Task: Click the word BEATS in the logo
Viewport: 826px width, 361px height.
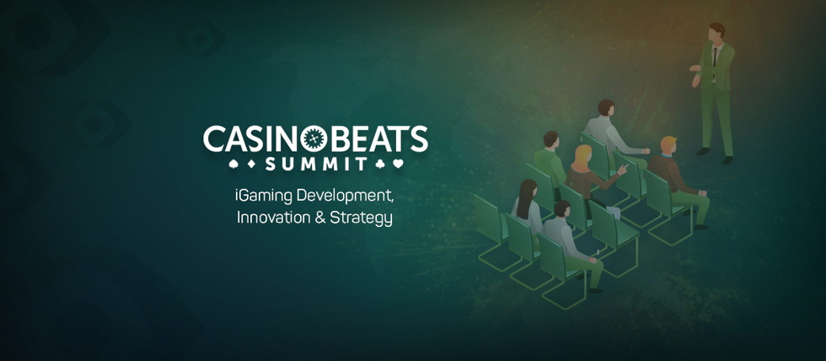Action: pyautogui.click(x=378, y=140)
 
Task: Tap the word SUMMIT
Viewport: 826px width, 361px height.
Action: pyautogui.click(x=315, y=164)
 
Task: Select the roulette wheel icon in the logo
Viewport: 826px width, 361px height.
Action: pyautogui.click(x=315, y=139)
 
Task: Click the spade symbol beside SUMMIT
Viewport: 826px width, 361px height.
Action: pyautogui.click(x=234, y=164)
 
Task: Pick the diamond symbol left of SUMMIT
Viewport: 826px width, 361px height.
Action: pyautogui.click(x=251, y=164)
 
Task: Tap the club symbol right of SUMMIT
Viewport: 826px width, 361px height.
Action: pyautogui.click(x=380, y=164)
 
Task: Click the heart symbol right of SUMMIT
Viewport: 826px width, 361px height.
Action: pyautogui.click(x=398, y=164)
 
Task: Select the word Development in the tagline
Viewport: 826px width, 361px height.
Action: pyautogui.click(x=345, y=197)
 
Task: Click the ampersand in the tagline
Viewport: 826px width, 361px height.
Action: pyautogui.click(x=320, y=217)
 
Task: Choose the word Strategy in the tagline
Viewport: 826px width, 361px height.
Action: pyautogui.click(x=362, y=218)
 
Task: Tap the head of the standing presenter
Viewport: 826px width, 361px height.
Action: pyautogui.click(x=716, y=32)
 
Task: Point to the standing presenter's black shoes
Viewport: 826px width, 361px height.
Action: pyautogui.click(x=715, y=155)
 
